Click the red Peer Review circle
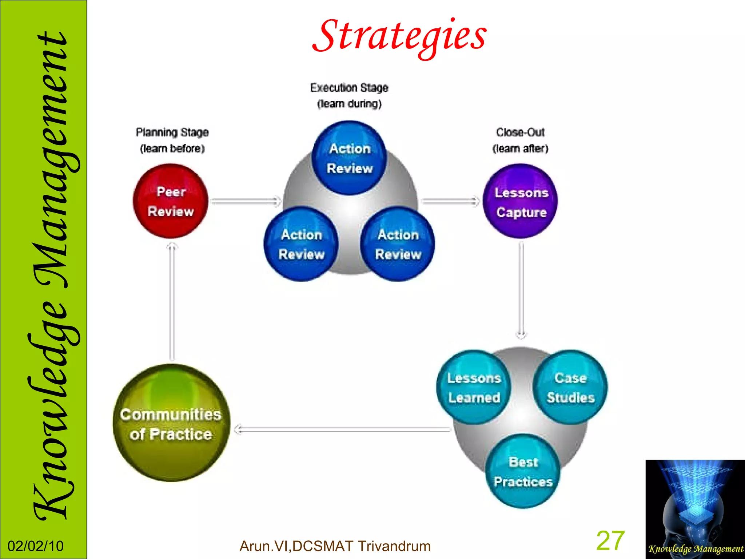tap(170, 201)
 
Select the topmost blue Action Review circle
tap(349, 158)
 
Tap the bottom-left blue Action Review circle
tap(301, 244)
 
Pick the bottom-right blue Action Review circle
tap(398, 244)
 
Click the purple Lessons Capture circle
tap(521, 201)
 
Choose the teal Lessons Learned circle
tap(474, 387)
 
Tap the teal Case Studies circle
tap(570, 387)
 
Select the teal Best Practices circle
tap(523, 472)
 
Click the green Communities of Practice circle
tap(171, 423)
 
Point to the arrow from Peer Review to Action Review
tap(246, 201)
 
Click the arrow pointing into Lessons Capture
tap(450, 201)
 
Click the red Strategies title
tap(399, 36)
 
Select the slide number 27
tap(610, 541)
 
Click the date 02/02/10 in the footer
tap(36, 546)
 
